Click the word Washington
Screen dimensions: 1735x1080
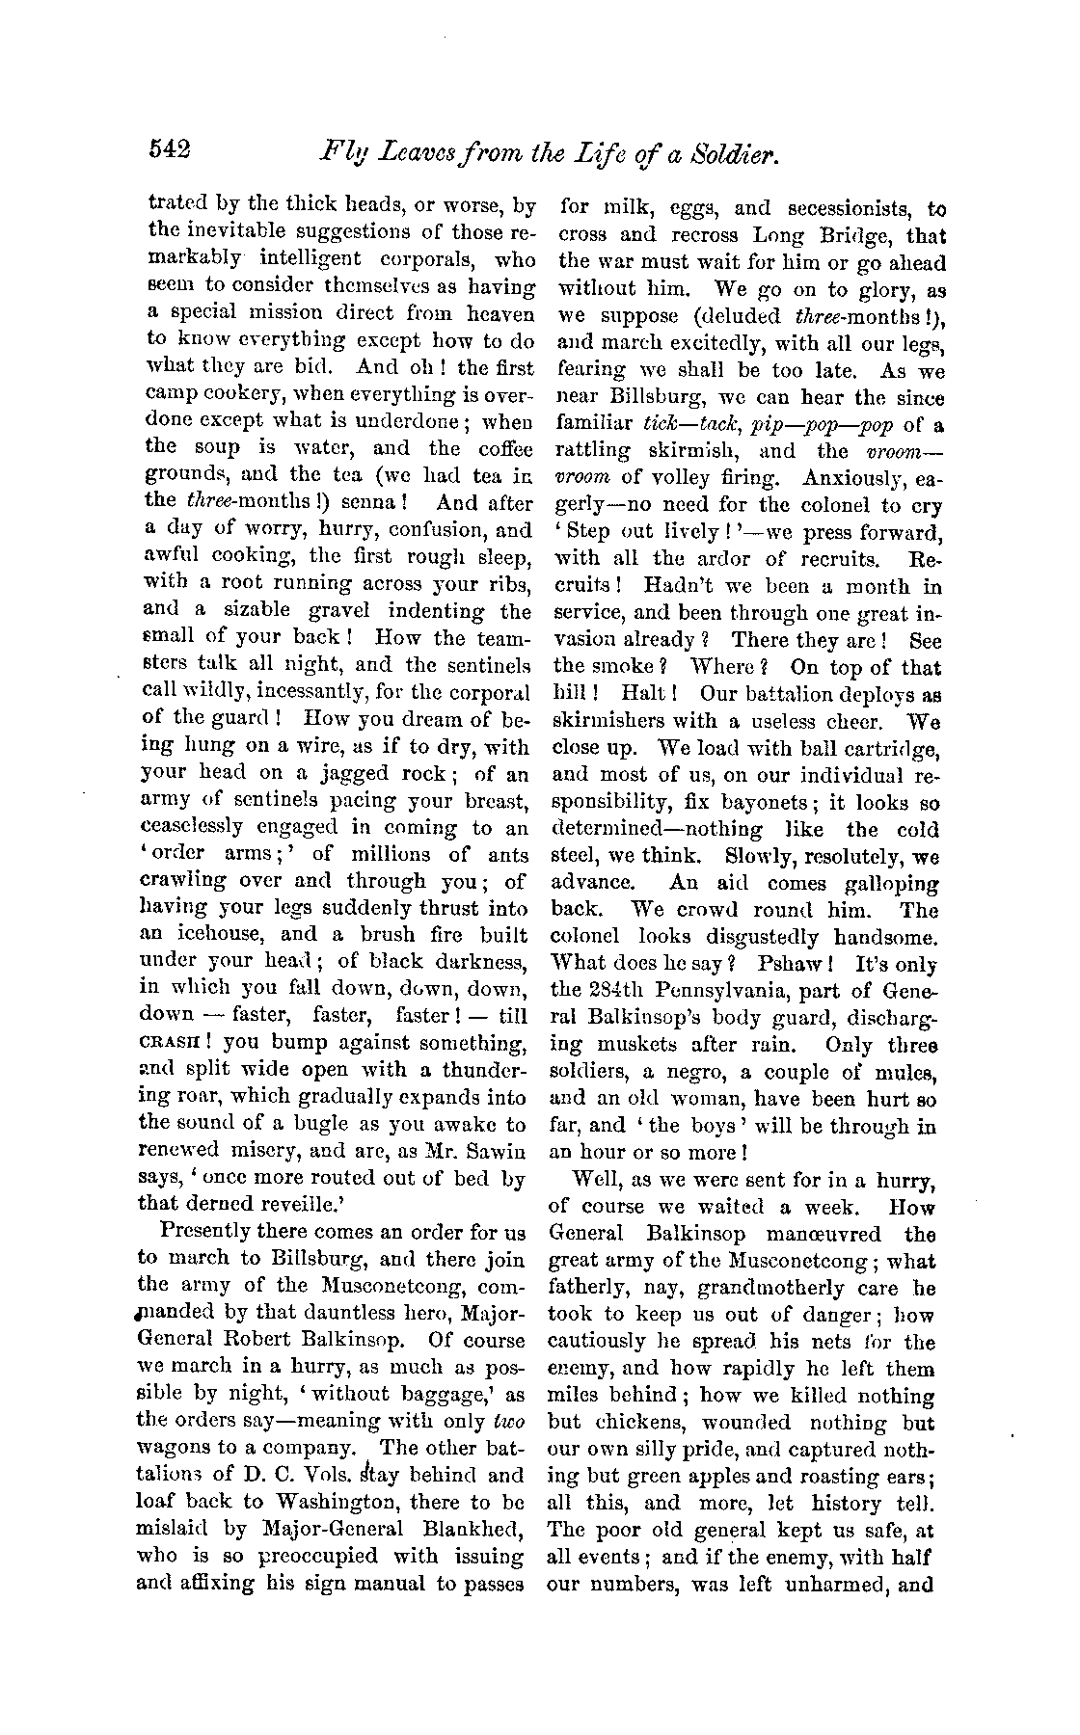(x=337, y=1501)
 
